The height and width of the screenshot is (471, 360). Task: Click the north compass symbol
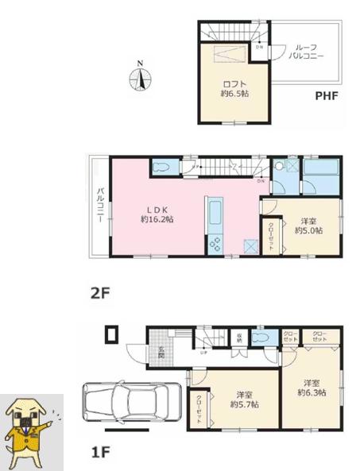pos(141,79)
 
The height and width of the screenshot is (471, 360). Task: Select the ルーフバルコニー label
pos(305,53)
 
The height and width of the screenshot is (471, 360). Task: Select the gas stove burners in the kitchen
pos(215,245)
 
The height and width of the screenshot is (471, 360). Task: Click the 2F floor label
pos(99,292)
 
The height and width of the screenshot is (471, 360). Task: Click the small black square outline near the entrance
pos(111,334)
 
